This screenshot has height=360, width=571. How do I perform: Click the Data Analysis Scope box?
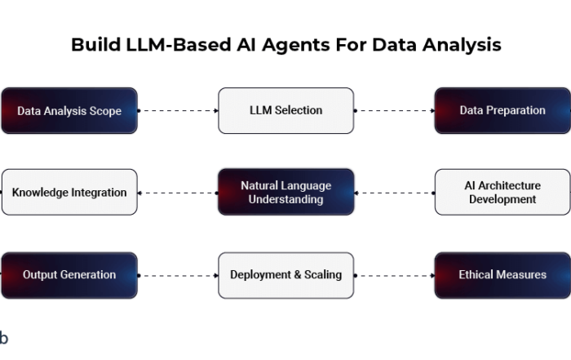point(69,110)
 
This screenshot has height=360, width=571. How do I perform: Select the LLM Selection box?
point(285,110)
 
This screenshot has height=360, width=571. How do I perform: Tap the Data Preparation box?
point(502,110)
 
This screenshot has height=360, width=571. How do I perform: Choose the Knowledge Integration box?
point(69,193)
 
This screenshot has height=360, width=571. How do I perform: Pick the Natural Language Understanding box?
point(285,193)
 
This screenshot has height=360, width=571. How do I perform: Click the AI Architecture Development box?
point(502,193)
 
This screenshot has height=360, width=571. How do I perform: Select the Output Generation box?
point(69,275)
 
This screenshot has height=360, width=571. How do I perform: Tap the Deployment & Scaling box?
point(285,275)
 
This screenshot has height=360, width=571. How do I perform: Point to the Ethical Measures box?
point(502,275)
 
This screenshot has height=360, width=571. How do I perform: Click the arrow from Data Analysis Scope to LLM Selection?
point(178,110)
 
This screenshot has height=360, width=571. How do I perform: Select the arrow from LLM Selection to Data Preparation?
point(394,110)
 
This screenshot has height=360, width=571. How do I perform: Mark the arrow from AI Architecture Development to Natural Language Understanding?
point(394,193)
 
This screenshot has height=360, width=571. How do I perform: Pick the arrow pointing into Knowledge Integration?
point(178,193)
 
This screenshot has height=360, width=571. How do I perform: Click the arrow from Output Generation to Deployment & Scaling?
point(178,275)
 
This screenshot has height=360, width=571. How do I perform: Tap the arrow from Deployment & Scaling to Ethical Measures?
point(394,275)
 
